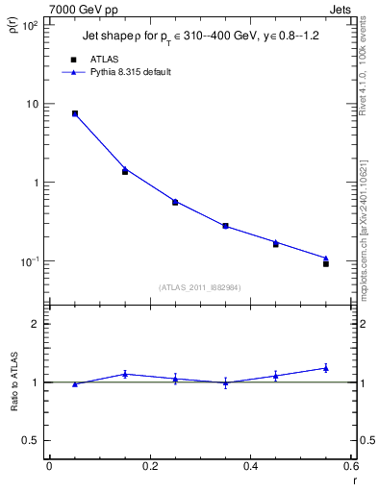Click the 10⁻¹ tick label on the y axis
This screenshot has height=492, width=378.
[x=30, y=261]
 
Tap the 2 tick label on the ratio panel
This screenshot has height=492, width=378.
[x=36, y=324]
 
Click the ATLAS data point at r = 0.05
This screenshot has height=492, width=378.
[x=75, y=113]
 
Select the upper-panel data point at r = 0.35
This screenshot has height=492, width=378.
[x=225, y=226]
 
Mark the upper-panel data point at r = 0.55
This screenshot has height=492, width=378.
[x=326, y=262]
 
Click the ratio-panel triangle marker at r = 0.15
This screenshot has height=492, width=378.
[x=125, y=374]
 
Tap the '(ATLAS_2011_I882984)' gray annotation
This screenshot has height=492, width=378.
[x=200, y=286]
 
